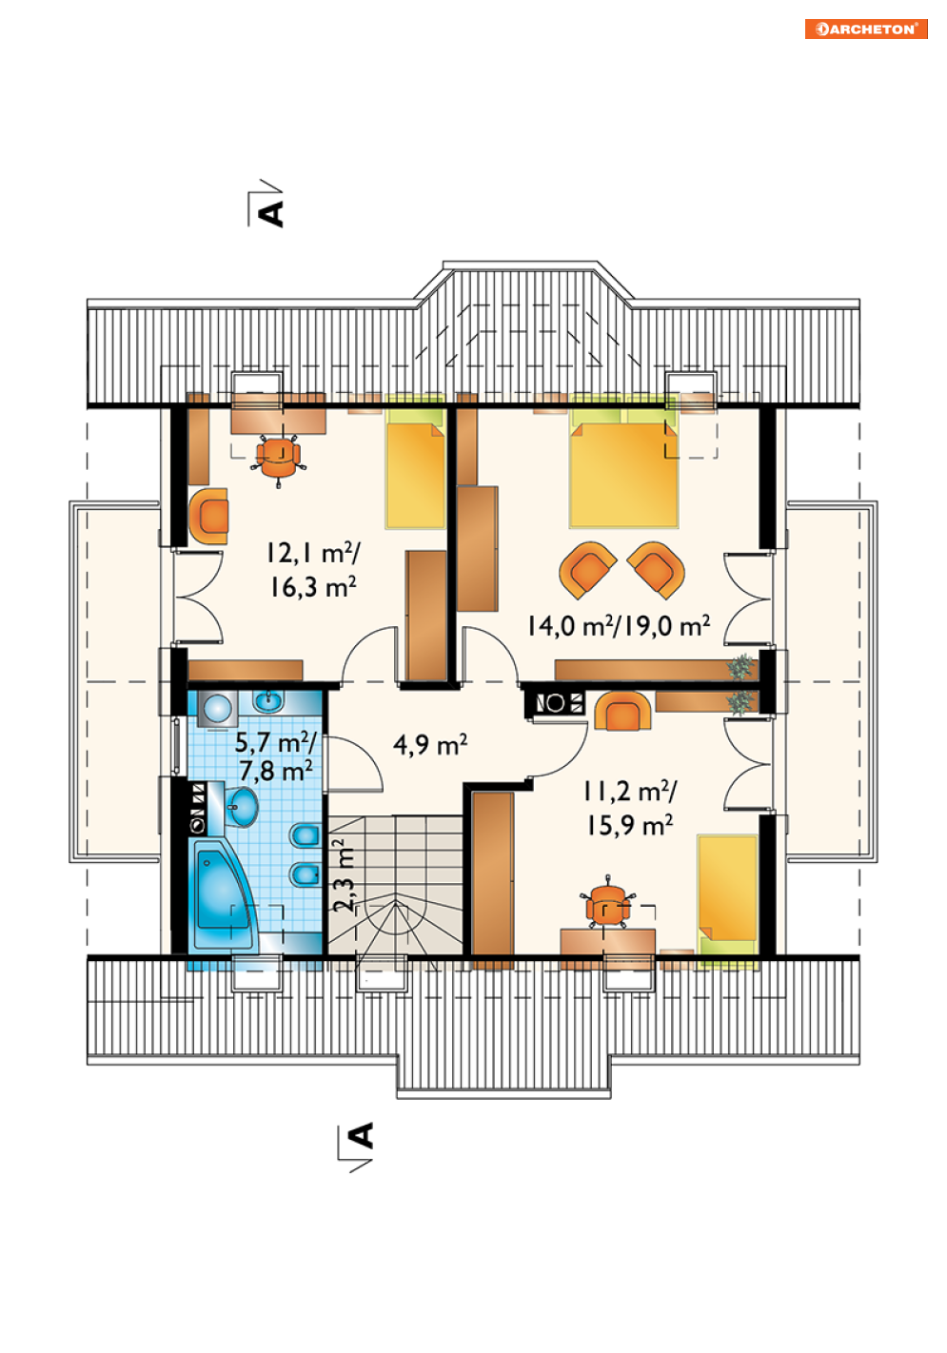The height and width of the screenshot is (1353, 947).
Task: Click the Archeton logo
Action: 866,29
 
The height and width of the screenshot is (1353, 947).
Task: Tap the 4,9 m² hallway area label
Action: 429,744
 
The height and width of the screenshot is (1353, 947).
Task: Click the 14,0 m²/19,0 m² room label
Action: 619,625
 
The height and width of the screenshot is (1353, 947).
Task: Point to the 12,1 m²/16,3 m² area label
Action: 312,569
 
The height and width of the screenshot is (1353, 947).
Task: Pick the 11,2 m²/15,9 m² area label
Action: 630,807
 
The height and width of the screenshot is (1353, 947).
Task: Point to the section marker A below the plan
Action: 362,1135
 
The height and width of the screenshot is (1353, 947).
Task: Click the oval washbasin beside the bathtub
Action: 243,806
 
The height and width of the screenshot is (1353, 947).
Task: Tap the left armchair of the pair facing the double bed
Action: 587,570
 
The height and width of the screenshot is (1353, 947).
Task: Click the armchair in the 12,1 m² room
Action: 208,517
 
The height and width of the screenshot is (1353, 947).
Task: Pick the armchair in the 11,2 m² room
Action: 623,711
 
